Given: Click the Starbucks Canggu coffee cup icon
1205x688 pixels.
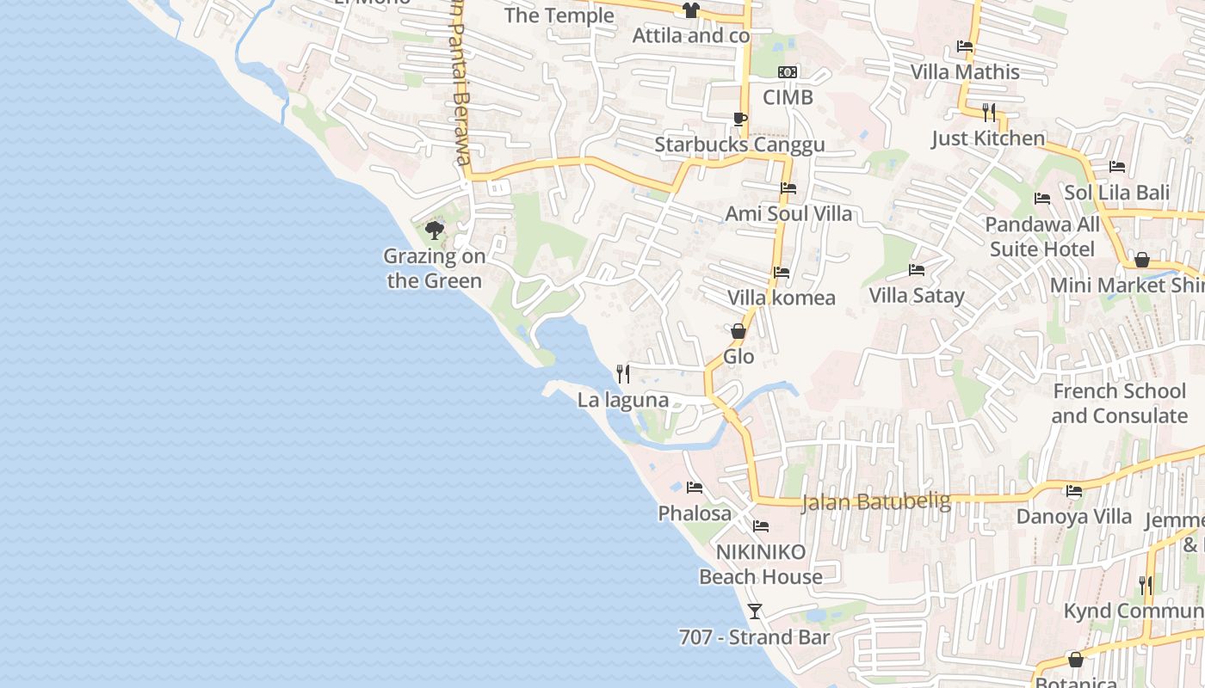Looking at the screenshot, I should point(739,119).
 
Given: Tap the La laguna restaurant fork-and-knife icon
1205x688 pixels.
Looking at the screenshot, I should point(623,374).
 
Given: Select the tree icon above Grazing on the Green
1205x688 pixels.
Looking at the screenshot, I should point(435,230).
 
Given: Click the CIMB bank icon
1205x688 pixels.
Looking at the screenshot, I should point(788,72).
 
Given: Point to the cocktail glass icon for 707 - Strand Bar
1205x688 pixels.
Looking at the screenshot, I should point(755,611).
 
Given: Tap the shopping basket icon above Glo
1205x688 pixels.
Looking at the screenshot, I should point(738,331).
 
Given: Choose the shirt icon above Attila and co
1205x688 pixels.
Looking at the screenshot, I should point(690,10).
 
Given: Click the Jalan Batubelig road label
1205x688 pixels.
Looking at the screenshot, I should point(876,501).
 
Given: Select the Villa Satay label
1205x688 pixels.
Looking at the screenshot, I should point(917,296).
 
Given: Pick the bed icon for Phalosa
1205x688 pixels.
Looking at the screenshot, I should point(695,488).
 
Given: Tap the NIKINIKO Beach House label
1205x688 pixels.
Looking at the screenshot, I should point(761,564).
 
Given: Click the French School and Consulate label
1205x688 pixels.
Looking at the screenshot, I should point(1119,403).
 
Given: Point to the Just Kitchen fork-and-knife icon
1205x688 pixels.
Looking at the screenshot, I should point(989,112).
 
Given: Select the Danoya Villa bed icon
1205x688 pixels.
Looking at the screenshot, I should point(1074,491).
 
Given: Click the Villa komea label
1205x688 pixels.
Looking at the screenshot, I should point(782,298).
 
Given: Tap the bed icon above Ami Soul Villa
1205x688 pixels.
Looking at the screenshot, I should point(788,187).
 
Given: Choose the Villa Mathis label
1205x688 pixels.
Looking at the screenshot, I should point(965,72).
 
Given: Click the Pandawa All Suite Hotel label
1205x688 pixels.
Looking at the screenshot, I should point(1042,237).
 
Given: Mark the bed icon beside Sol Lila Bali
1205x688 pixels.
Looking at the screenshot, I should point(1117,167).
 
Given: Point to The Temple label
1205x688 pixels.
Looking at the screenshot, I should point(559,15).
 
